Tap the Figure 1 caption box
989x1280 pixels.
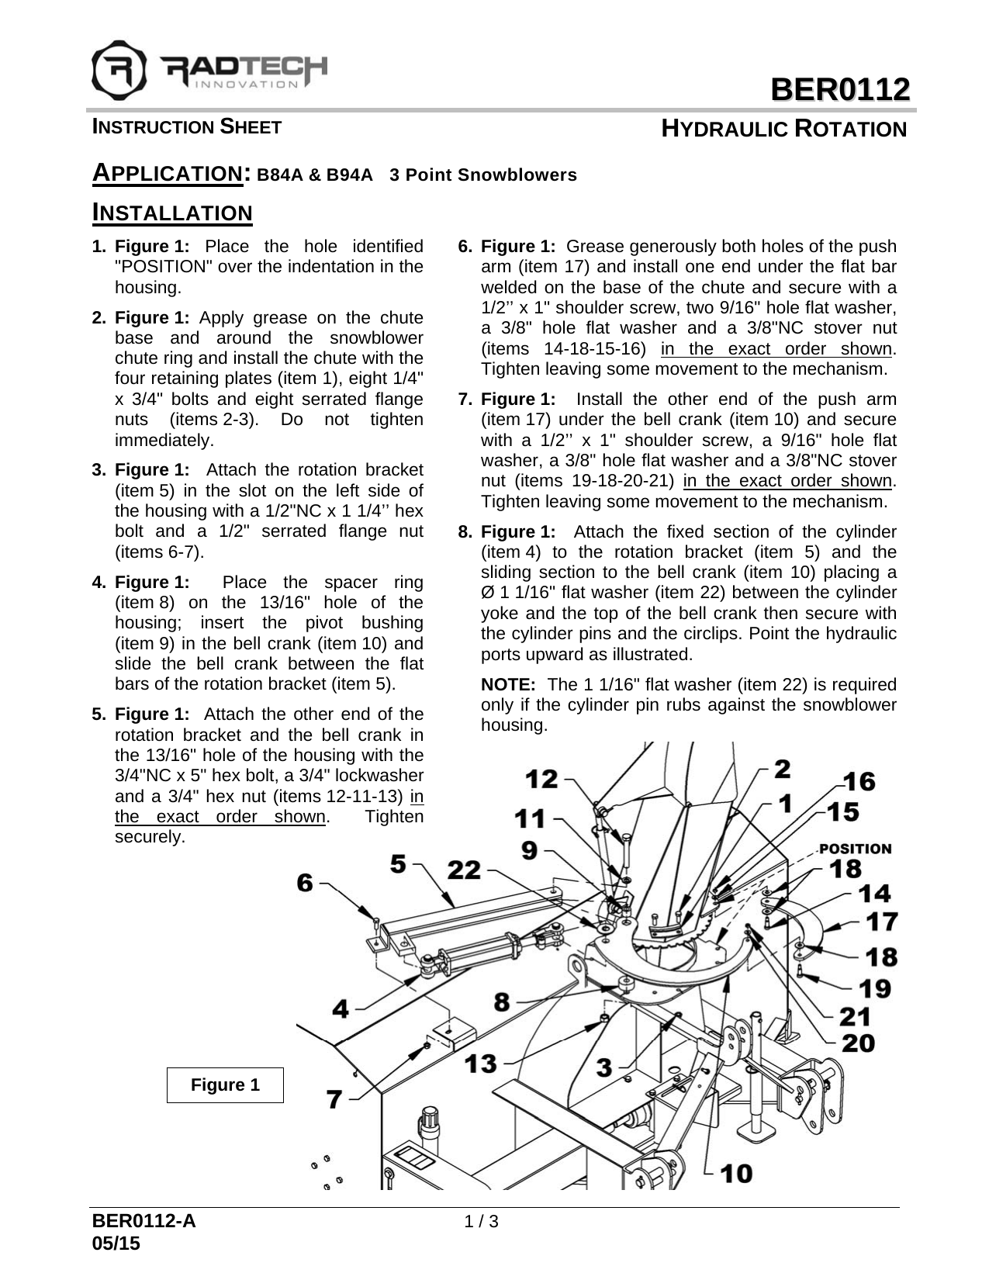pos(225,1085)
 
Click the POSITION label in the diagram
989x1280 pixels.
pos(855,849)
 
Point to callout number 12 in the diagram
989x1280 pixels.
pos(541,778)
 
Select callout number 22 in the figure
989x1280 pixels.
pos(465,870)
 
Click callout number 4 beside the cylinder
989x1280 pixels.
pos(341,1008)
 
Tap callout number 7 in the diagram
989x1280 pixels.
pos(334,1098)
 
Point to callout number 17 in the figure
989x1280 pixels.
pos(881,922)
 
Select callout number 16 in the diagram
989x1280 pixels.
pos(859,781)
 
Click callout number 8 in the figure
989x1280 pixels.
pos(502,1002)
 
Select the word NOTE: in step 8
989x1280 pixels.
pos(508,685)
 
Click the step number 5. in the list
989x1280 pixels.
pos(99,714)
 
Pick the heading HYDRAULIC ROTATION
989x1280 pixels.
pos(783,129)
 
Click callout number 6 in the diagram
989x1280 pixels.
pos(305,882)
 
